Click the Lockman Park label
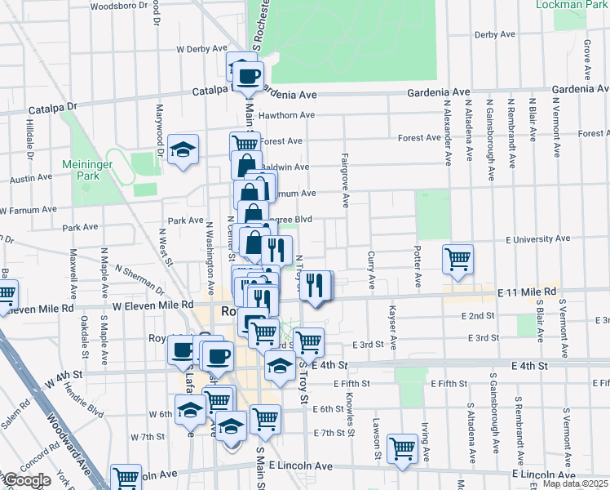tap(571, 4)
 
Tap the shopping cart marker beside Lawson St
tap(403, 448)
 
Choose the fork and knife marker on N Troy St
tap(316, 285)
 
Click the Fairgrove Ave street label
tap(346, 180)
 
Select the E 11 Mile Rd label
tap(526, 292)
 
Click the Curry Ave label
tap(371, 271)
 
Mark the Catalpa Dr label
tap(52, 107)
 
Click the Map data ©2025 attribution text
tap(575, 483)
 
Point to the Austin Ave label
tap(31, 178)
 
